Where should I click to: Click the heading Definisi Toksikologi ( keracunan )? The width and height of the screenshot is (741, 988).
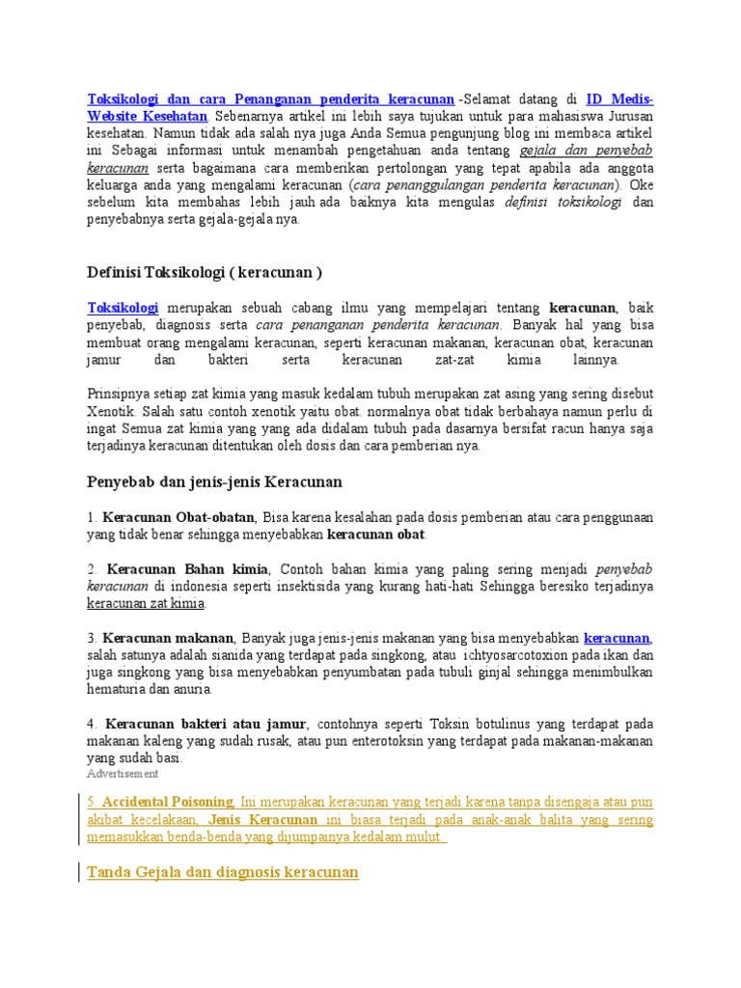(x=205, y=272)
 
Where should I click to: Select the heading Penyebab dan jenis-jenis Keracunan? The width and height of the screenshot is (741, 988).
(x=214, y=480)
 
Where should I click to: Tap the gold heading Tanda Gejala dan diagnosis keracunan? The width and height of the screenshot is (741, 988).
(x=222, y=872)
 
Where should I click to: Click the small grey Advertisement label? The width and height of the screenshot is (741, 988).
(x=123, y=774)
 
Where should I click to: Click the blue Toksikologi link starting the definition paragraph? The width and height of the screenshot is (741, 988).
(x=123, y=307)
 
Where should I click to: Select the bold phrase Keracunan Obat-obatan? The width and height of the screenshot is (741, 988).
(x=179, y=517)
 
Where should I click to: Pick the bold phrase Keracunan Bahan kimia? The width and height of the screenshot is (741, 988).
(x=188, y=568)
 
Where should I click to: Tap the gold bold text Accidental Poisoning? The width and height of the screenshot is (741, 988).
(x=168, y=802)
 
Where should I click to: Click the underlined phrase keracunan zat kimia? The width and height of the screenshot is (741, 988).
(x=146, y=603)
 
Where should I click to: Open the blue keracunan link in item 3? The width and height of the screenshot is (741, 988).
(x=617, y=638)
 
